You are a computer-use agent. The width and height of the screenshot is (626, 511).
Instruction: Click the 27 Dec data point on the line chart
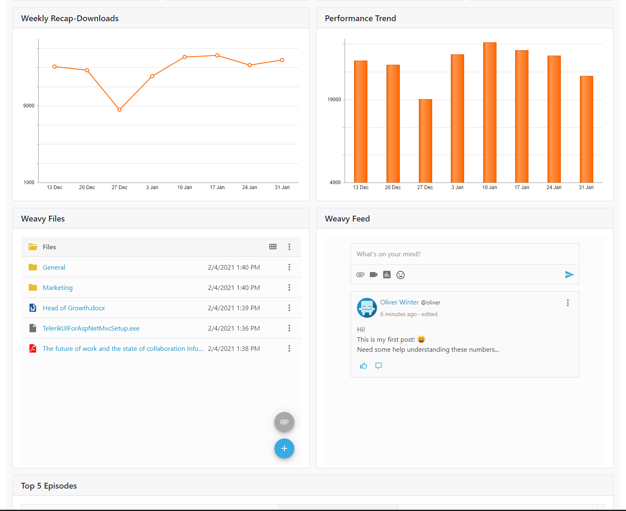pyautogui.click(x=120, y=110)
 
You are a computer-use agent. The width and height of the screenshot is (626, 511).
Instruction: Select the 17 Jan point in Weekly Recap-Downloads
pyautogui.click(x=217, y=56)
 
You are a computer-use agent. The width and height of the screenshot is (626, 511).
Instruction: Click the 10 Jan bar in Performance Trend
pyautogui.click(x=490, y=112)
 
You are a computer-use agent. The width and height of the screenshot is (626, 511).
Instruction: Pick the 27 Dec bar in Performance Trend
pyautogui.click(x=425, y=141)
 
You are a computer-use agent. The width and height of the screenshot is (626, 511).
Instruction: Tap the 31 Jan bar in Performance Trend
pyautogui.click(x=587, y=129)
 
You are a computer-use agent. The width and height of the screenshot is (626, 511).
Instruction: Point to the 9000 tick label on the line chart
pyautogui.click(x=29, y=106)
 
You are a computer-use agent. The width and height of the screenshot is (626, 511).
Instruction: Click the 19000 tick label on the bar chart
pyautogui.click(x=334, y=100)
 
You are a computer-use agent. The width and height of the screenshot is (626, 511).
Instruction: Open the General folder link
pyautogui.click(x=54, y=268)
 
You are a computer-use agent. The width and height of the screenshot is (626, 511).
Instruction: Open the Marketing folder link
pyautogui.click(x=58, y=288)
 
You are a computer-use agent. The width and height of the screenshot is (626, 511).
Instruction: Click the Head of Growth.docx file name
pyautogui.click(x=74, y=308)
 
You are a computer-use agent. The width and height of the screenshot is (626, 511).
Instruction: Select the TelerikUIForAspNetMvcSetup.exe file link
pyautogui.click(x=91, y=328)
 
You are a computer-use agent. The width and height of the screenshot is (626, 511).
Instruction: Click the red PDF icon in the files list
pyautogui.click(x=33, y=348)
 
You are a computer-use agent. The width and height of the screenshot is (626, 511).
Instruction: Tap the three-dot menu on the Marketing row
pyautogui.click(x=289, y=287)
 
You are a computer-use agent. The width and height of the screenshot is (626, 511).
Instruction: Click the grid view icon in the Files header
pyautogui.click(x=273, y=247)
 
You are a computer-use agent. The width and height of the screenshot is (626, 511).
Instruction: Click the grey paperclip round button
pyautogui.click(x=284, y=422)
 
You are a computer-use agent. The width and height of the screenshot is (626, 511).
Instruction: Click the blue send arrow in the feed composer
pyautogui.click(x=569, y=275)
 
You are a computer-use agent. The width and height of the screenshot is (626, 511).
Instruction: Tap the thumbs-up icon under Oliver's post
pyautogui.click(x=364, y=366)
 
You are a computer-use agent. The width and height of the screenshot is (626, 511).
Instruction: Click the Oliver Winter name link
pyautogui.click(x=399, y=302)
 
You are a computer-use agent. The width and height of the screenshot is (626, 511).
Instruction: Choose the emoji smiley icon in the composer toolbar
pyautogui.click(x=401, y=275)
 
